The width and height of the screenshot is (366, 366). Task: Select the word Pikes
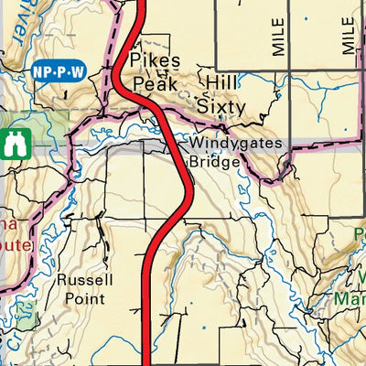(149, 60)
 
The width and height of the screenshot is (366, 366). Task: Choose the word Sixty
(221, 107)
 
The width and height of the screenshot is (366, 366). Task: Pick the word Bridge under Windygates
(214, 162)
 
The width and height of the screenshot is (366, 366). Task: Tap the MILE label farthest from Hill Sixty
(348, 34)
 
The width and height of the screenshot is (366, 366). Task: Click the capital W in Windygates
(197, 144)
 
